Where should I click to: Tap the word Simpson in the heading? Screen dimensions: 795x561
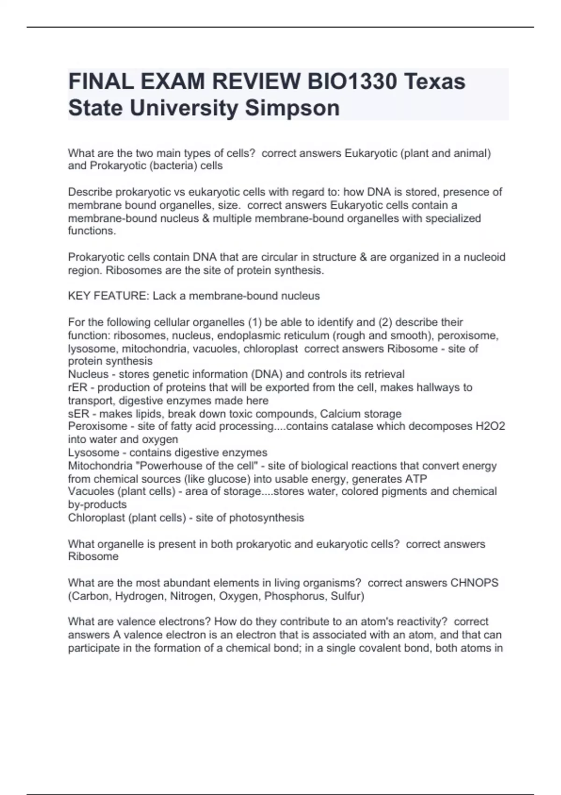(x=292, y=108)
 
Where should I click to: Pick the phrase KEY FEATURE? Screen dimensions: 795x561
(x=108, y=296)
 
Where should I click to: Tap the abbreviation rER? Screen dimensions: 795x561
(x=78, y=388)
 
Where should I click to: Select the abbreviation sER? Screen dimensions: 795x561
(x=78, y=414)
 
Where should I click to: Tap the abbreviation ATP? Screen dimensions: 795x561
(x=417, y=479)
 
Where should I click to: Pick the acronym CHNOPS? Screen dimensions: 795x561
(x=474, y=583)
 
